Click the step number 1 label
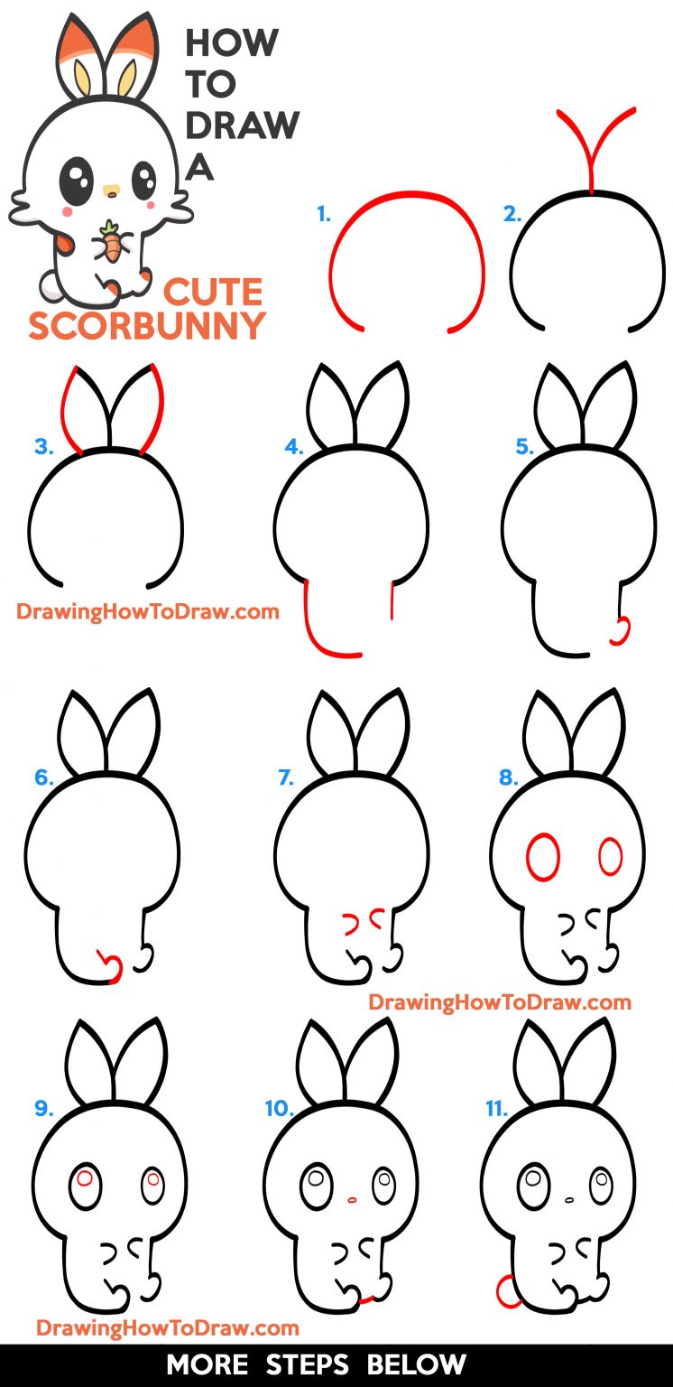pyautogui.click(x=324, y=215)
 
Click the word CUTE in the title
pyautogui.click(x=213, y=293)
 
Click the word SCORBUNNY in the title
pyautogui.click(x=147, y=326)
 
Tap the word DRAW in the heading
pyautogui.click(x=242, y=126)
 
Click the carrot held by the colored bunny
pyautogui.click(x=110, y=242)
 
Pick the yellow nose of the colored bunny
pyautogui.click(x=111, y=191)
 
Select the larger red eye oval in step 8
pyautogui.click(x=543, y=857)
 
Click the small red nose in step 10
pyautogui.click(x=352, y=1199)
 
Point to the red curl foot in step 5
pyautogui.click(x=620, y=631)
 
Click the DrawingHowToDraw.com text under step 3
pyautogui.click(x=147, y=611)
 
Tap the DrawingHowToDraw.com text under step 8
pyautogui.click(x=499, y=1001)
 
